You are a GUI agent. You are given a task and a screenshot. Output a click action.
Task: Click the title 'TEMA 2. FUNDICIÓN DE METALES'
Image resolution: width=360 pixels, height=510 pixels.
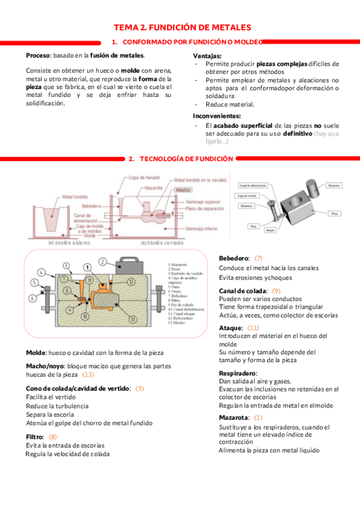[x=182, y=28]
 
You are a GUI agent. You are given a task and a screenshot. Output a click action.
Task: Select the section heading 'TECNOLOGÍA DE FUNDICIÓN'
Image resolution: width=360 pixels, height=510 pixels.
[x=186, y=159]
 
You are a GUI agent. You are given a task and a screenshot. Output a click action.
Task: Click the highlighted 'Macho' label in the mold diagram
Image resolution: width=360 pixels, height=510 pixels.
[x=183, y=190]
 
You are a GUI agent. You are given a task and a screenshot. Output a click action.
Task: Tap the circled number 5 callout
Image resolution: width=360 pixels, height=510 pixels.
[x=34, y=281]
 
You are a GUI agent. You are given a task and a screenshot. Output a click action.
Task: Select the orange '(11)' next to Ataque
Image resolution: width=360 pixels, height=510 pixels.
[x=253, y=328]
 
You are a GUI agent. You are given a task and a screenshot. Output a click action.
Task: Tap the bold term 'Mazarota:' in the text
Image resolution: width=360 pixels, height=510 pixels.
[x=234, y=417]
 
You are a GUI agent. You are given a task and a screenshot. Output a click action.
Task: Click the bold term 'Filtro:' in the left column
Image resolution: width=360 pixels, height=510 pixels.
[x=35, y=437]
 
